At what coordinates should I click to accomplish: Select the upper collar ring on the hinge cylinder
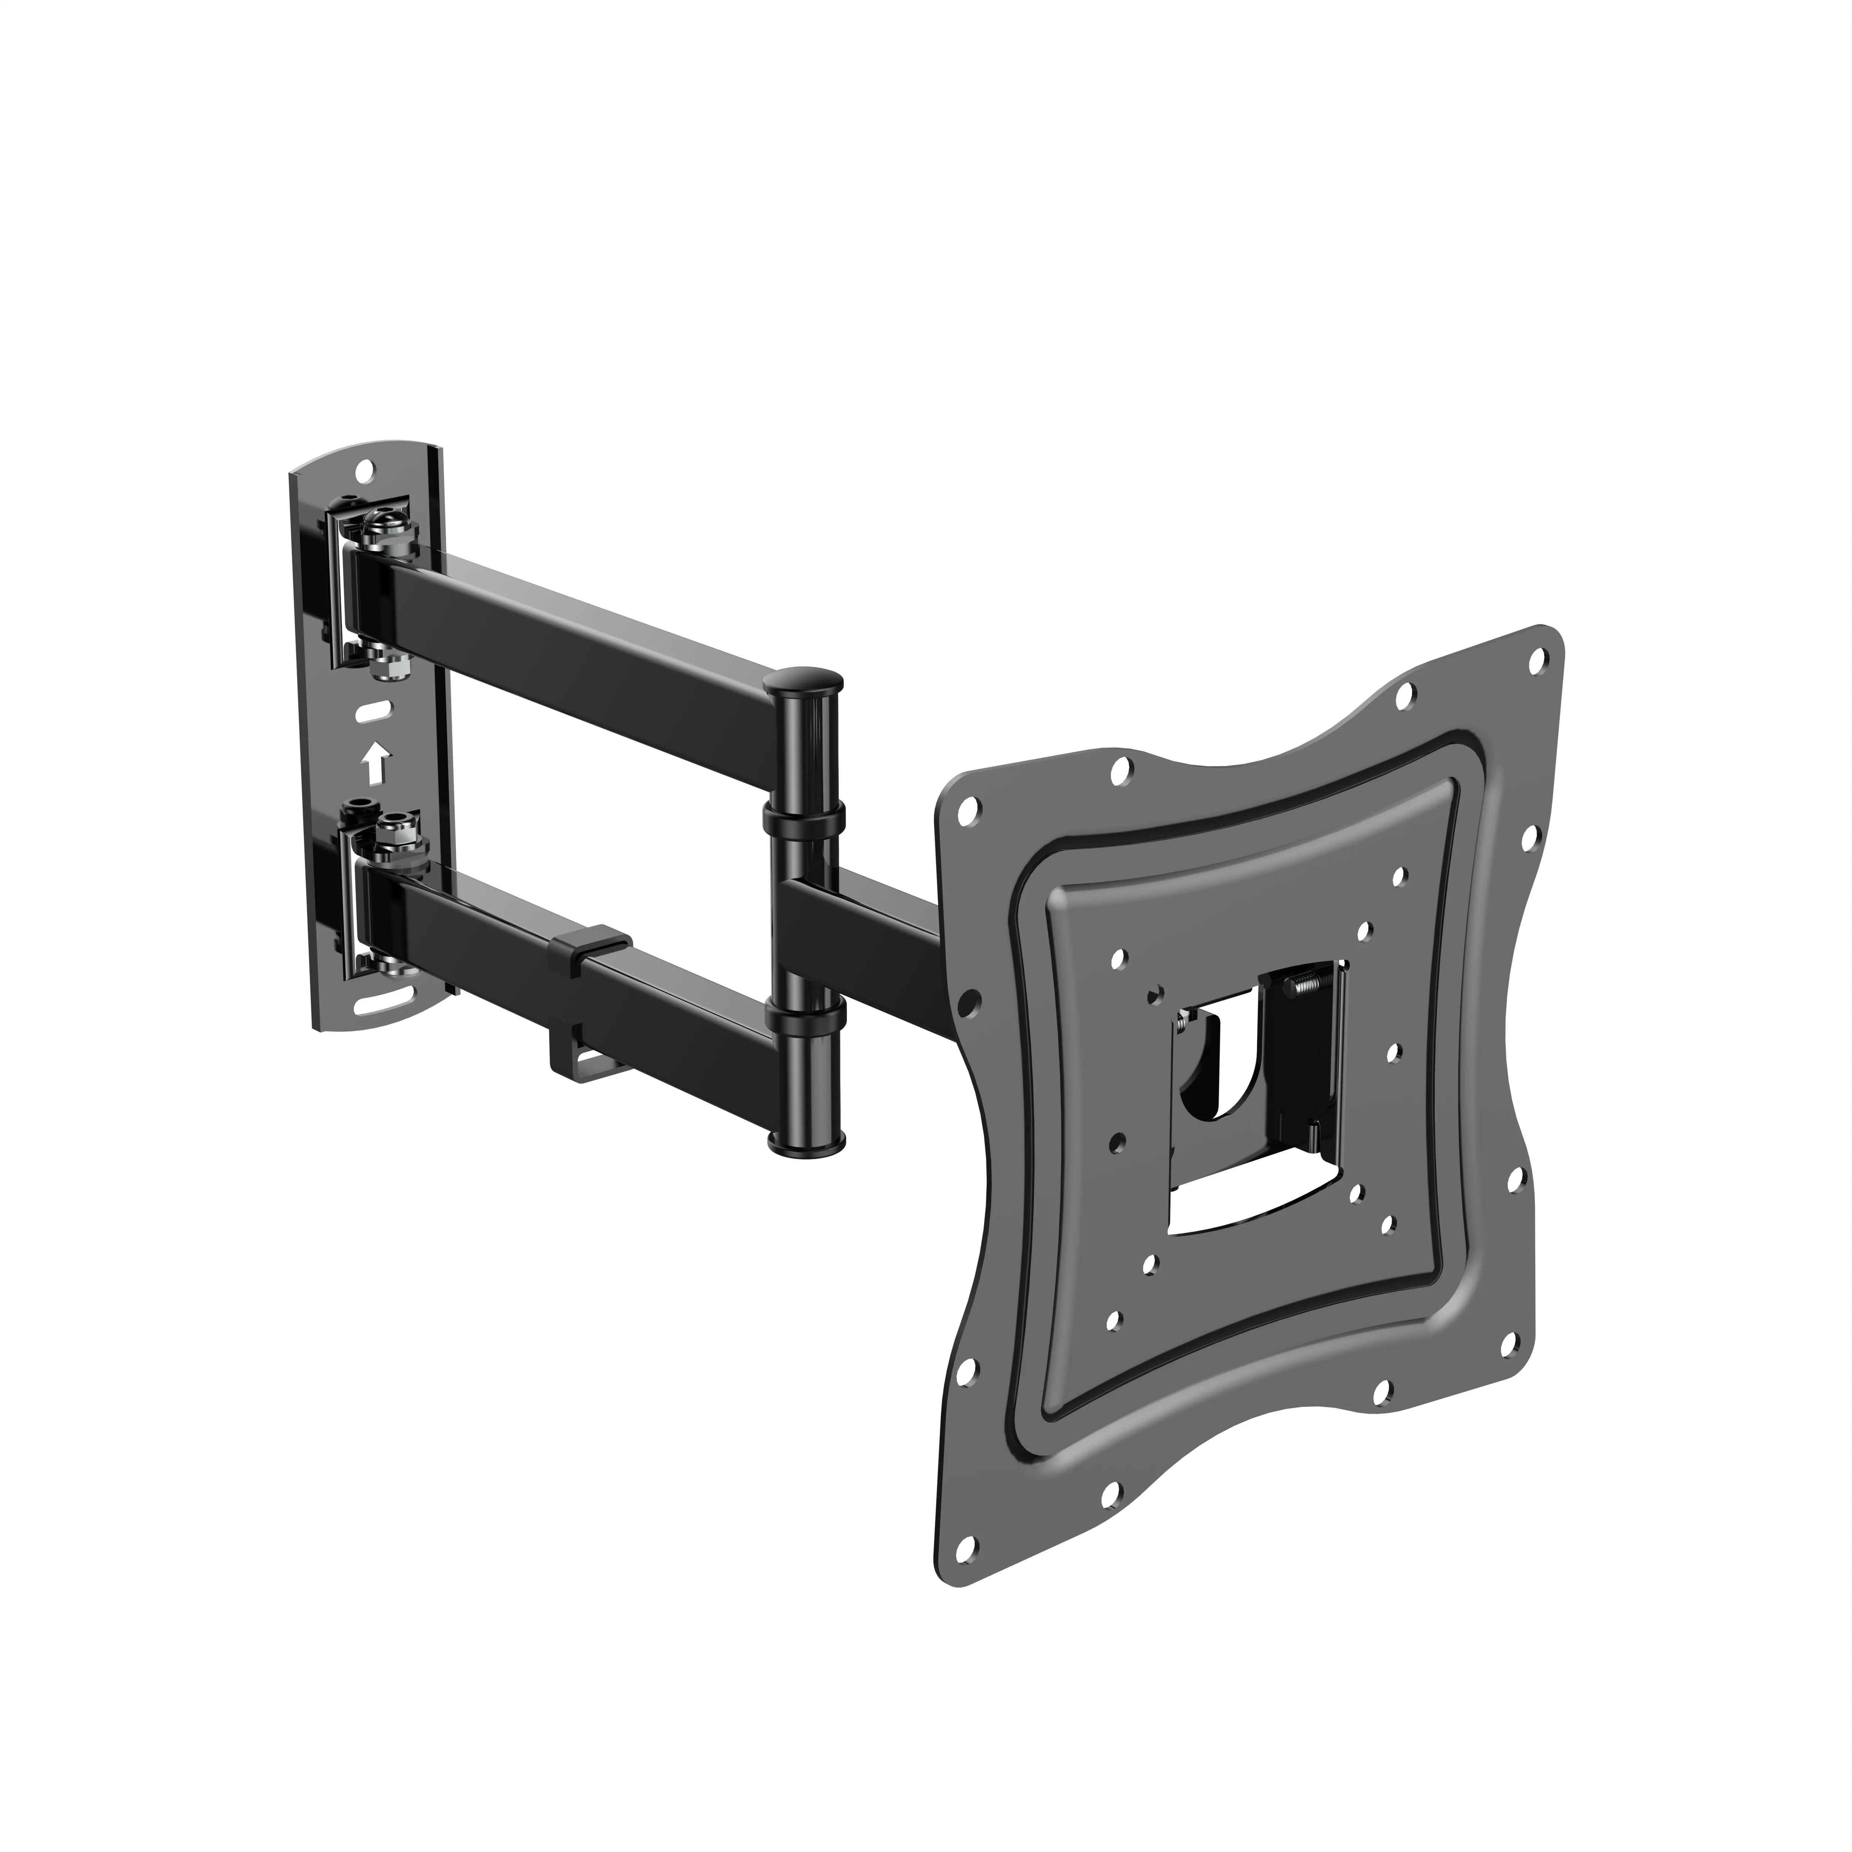click(x=803, y=818)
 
